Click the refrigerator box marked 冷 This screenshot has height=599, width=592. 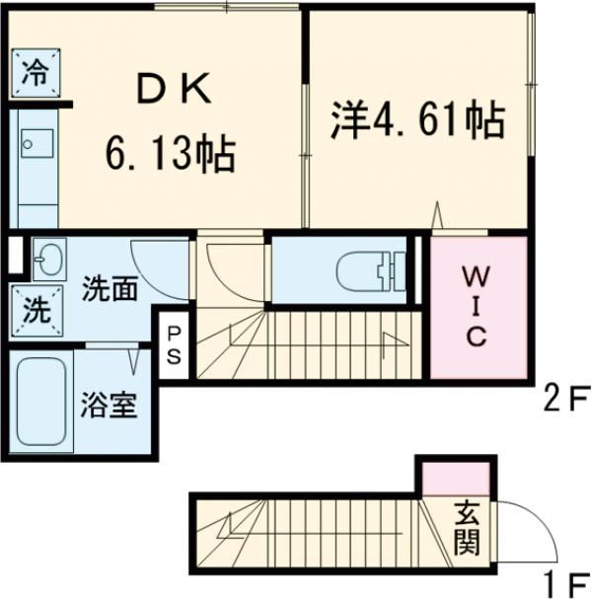click(35, 72)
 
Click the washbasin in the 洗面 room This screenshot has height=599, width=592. click(45, 262)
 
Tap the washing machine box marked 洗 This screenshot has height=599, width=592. click(35, 311)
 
